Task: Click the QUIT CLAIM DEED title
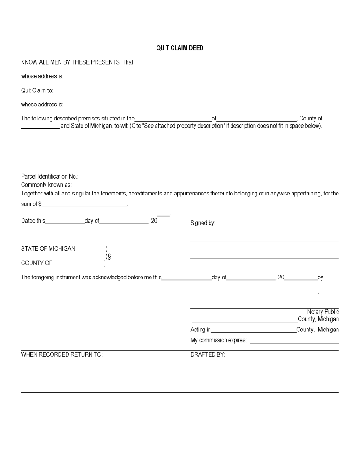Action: tap(180, 48)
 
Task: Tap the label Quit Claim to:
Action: tap(37, 90)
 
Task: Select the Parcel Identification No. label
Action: tap(50, 176)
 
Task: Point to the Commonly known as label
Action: tap(46, 185)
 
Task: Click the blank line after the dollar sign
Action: tap(85, 205)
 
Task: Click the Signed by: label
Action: tap(202, 223)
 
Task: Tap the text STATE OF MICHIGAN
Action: tap(48, 248)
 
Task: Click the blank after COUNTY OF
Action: tap(78, 263)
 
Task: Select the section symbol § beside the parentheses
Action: tap(109, 256)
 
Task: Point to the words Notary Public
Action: tap(323, 312)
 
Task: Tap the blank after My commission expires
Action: tap(294, 341)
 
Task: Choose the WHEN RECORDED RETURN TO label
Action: tap(62, 355)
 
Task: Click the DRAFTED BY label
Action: tap(208, 355)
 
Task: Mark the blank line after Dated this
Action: tap(65, 222)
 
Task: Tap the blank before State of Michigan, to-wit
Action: tap(40, 127)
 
